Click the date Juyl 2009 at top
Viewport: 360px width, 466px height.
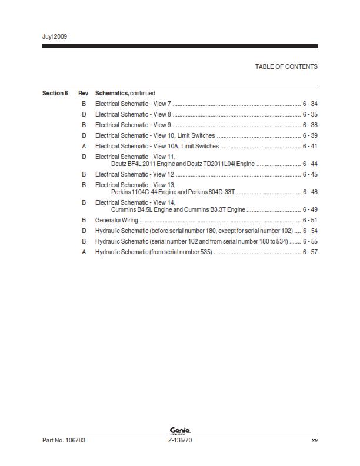tap(55, 36)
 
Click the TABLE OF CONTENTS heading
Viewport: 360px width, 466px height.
tap(286, 66)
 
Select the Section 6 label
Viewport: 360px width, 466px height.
tap(55, 93)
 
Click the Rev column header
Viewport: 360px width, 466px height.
tap(84, 93)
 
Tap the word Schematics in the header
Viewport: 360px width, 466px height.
tap(112, 93)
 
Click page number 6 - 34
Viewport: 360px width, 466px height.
tap(310, 104)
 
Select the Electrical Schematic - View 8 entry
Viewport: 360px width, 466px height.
tap(133, 114)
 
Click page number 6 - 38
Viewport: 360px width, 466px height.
tap(310, 125)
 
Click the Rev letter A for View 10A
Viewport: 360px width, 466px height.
tap(84, 146)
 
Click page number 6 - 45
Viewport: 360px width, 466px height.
tap(310, 174)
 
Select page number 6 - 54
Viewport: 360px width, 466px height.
tap(310, 231)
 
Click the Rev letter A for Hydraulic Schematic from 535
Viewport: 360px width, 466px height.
tap(84, 252)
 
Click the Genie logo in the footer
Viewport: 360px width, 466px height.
tap(180, 431)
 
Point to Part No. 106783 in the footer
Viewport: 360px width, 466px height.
tap(64, 440)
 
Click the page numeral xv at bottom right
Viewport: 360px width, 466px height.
tap(314, 440)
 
